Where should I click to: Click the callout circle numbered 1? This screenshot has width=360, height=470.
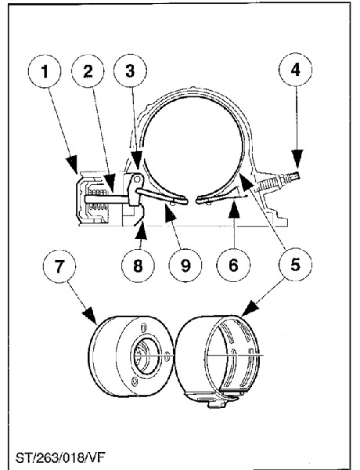point(45,71)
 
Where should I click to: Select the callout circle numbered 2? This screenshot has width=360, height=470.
point(88,71)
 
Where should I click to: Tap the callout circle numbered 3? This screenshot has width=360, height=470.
point(130,71)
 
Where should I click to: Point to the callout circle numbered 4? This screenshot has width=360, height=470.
point(295,70)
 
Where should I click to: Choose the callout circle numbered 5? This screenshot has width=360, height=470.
point(295,265)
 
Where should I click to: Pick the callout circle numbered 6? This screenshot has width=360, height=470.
point(233,265)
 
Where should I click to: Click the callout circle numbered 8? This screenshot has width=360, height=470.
point(138,265)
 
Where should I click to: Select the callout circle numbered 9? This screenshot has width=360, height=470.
point(185,265)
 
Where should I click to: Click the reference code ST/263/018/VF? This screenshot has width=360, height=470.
point(60,458)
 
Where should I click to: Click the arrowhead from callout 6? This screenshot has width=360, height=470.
point(234,211)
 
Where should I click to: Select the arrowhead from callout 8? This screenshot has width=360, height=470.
point(141,230)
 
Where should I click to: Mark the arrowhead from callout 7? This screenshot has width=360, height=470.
point(90,316)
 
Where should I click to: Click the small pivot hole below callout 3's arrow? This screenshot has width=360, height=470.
point(137,179)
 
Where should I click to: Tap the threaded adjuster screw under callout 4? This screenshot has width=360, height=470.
point(275,183)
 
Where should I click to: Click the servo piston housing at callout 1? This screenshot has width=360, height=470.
point(92,198)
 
